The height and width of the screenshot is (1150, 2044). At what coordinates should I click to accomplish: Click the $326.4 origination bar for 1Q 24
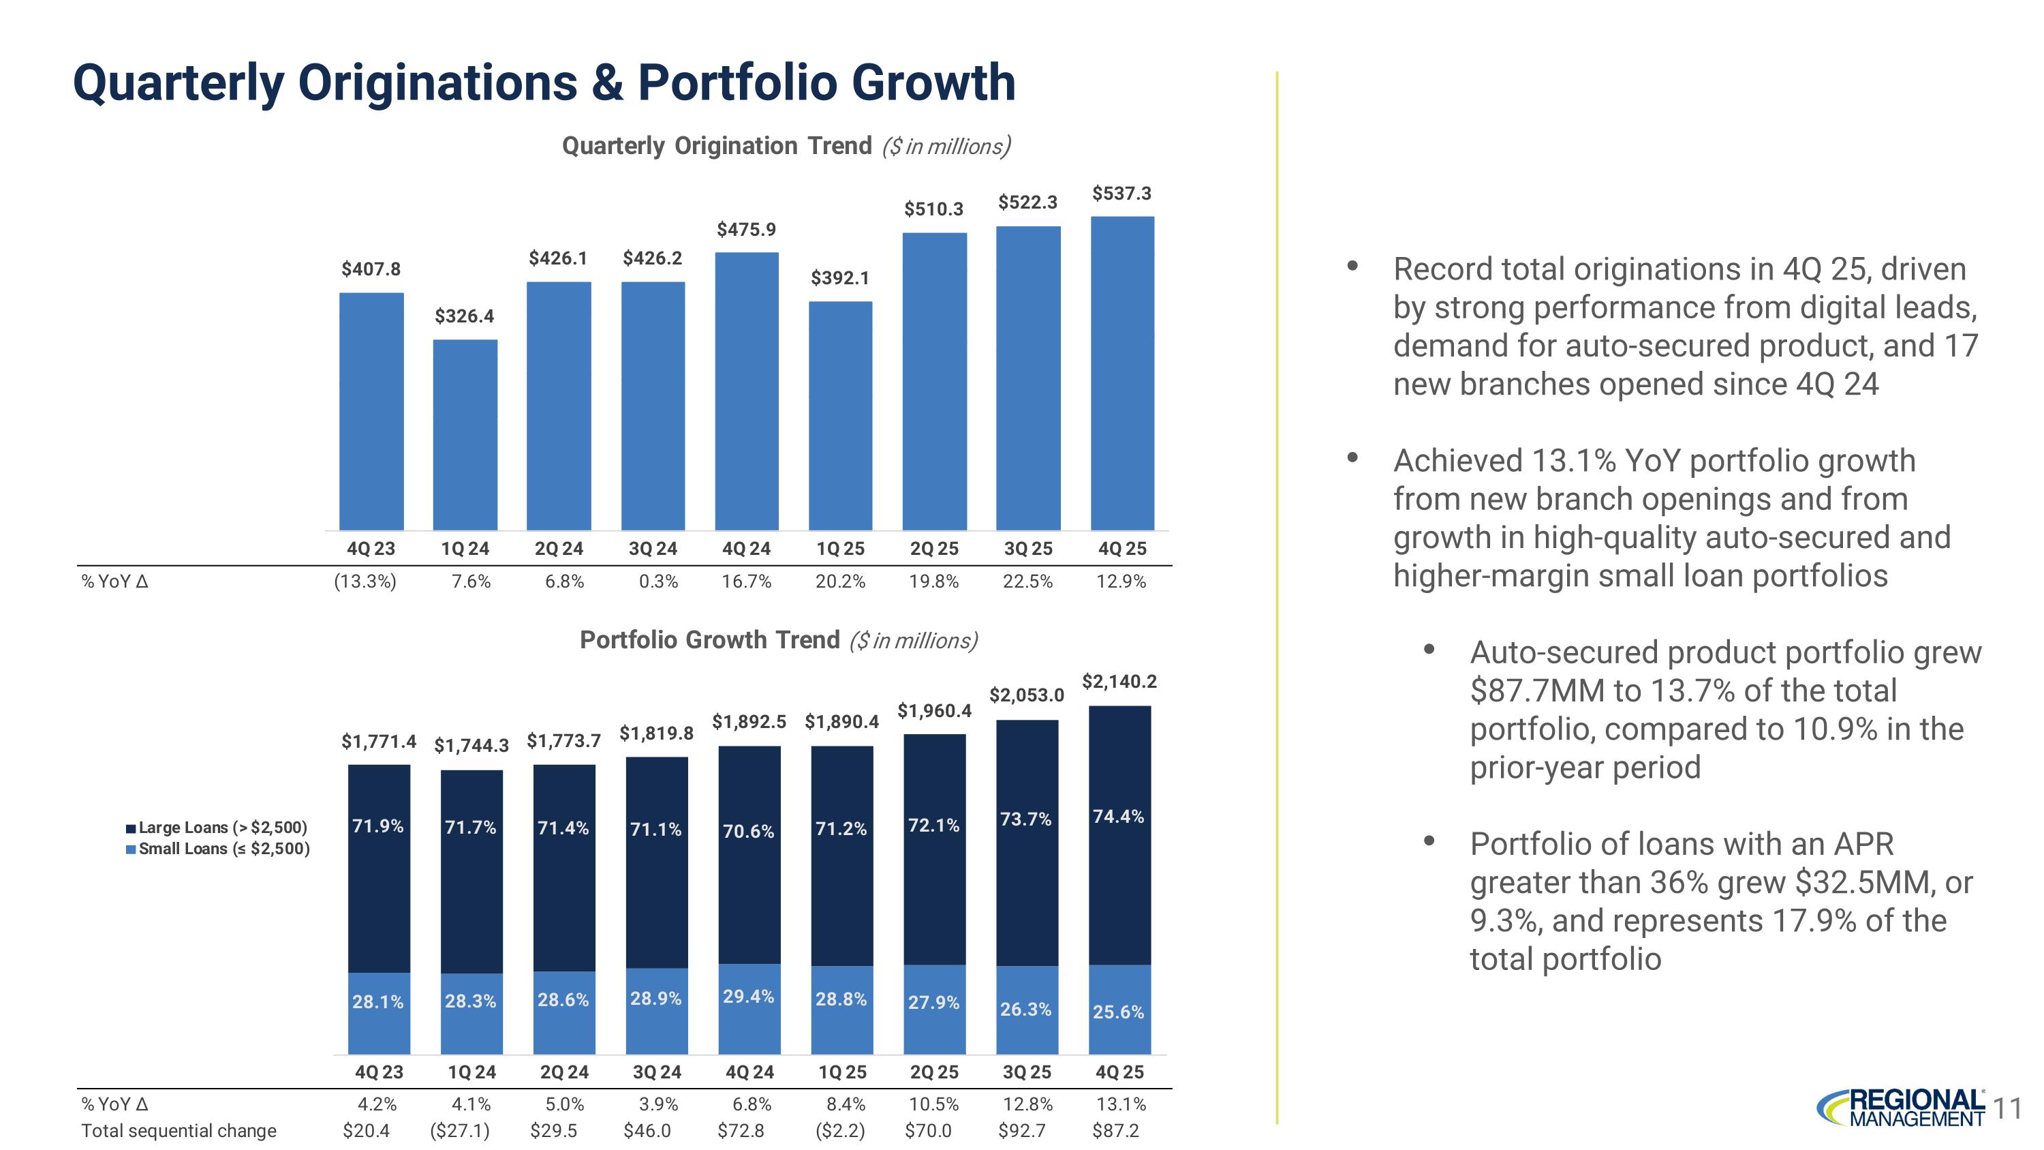click(465, 434)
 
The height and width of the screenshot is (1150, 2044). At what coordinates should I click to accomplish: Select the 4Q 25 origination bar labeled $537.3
click(1122, 373)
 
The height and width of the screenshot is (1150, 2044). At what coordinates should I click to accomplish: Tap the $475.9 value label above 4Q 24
click(746, 229)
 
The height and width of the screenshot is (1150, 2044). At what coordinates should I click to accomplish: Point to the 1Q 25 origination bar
click(840, 415)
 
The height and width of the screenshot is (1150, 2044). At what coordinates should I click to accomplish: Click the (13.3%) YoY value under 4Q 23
click(365, 581)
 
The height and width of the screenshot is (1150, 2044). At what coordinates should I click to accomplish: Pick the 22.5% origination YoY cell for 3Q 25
click(1027, 581)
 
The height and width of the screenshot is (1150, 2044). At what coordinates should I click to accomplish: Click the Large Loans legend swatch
click(131, 828)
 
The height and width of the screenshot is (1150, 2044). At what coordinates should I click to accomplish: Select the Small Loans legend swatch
click(131, 849)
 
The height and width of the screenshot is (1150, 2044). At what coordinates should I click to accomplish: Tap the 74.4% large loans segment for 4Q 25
click(1119, 833)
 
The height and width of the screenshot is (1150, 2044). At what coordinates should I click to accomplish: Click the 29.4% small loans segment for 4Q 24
click(749, 1008)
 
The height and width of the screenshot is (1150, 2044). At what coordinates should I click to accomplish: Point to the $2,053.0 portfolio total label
click(1026, 695)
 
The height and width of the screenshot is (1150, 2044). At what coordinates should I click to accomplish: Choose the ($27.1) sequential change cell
click(459, 1130)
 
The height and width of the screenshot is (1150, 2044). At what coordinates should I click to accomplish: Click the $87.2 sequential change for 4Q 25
click(1115, 1130)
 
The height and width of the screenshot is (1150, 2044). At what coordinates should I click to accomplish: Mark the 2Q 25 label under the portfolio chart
click(934, 1072)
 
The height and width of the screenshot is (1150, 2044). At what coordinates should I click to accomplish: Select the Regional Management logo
click(1900, 1107)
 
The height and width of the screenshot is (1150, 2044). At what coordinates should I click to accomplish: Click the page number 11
click(2007, 1108)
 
